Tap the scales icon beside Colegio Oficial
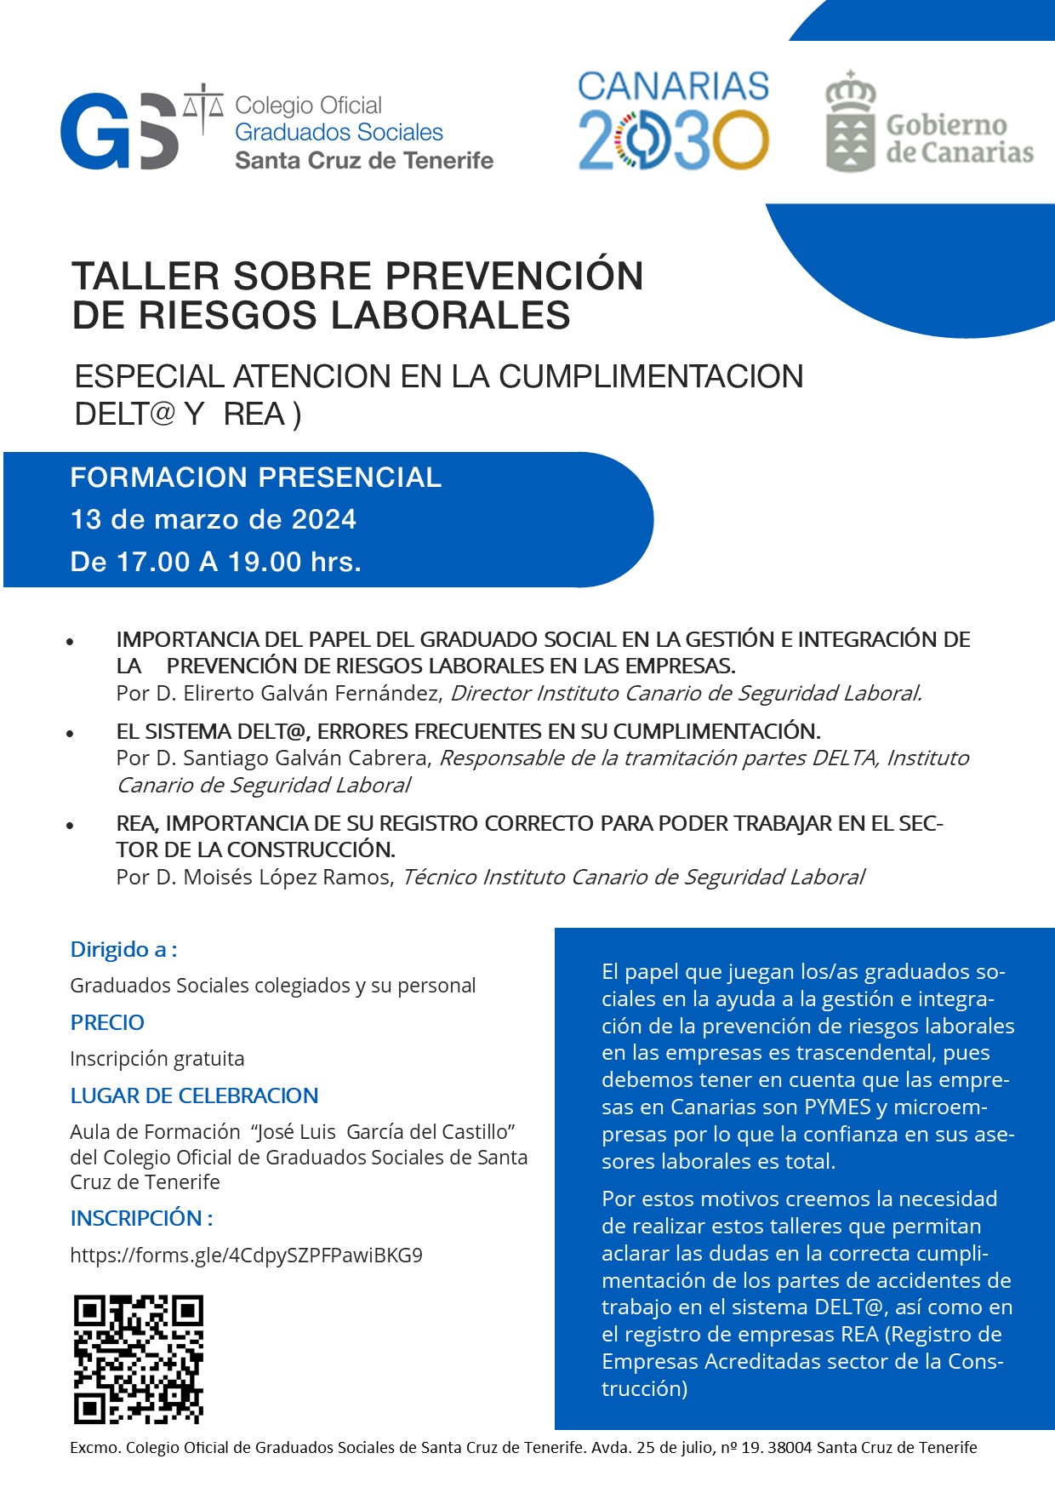[203, 108]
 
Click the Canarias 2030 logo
[673, 121]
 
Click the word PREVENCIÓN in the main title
[514, 277]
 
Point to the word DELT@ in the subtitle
[124, 415]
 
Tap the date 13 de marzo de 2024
[213, 519]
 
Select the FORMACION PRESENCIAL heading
[255, 478]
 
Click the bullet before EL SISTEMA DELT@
[71, 734]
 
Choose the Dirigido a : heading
[123, 950]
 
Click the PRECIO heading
[107, 1022]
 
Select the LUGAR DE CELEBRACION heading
[194, 1095]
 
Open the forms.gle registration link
[246, 1256]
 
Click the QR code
[138, 1359]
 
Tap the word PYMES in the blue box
[837, 1107]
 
